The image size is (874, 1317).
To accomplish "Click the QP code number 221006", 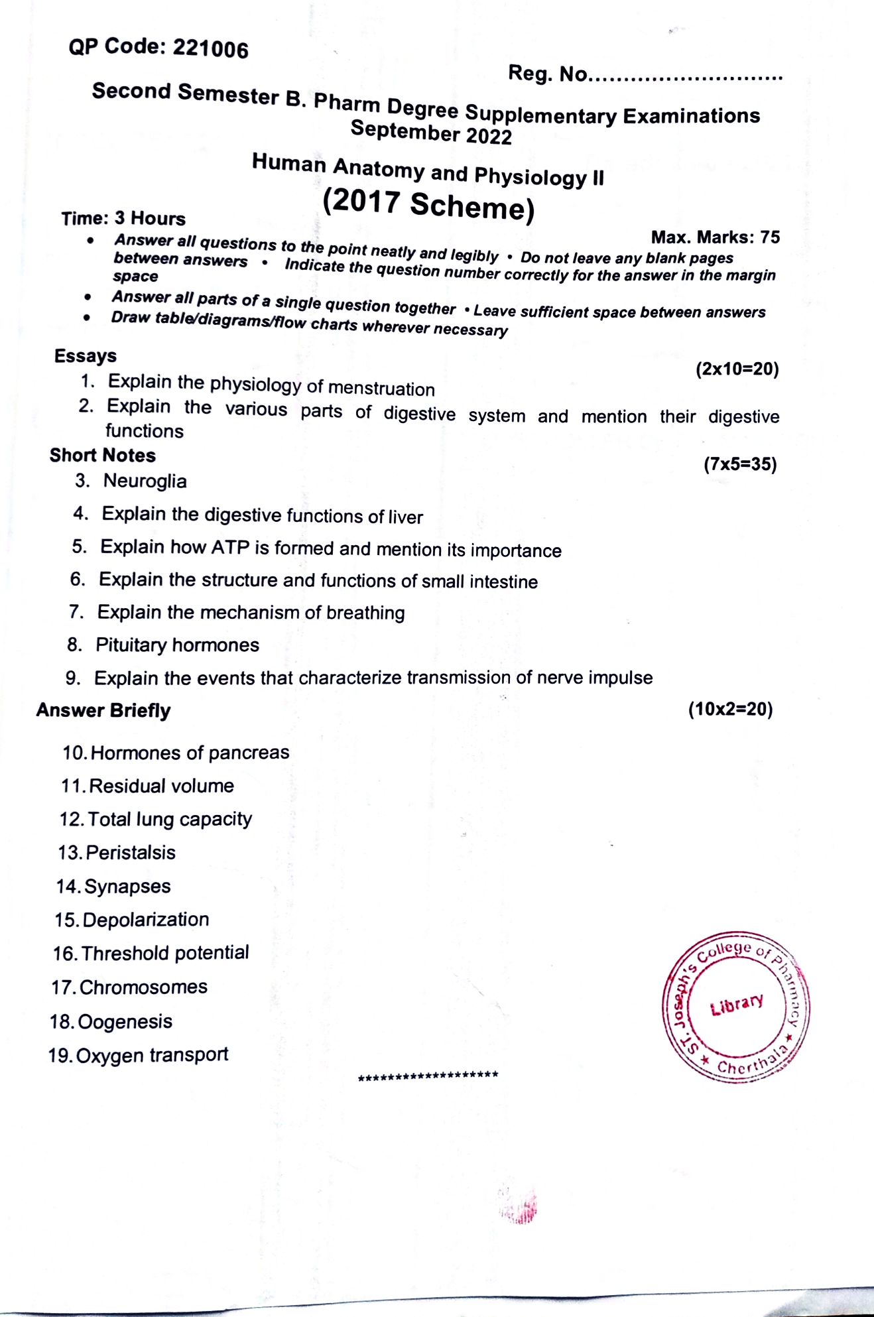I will (x=210, y=49).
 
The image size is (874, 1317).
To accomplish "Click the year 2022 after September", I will (x=489, y=136).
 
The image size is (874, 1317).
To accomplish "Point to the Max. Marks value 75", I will (x=770, y=237).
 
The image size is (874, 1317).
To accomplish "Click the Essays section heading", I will (x=86, y=356).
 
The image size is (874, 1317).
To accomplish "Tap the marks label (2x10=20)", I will (x=737, y=369).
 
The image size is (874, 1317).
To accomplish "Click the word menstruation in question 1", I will (x=381, y=388).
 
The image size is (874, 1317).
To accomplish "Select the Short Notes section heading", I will (x=103, y=456).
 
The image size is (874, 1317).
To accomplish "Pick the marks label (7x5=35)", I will (x=740, y=464).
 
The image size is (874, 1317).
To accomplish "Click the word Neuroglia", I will (x=145, y=481).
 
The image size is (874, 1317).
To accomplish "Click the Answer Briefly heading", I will (x=103, y=710).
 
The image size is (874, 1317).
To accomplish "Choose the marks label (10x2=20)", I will (x=730, y=709).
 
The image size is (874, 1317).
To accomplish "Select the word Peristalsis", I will (x=131, y=852).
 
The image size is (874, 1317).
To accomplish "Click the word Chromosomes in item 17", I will (x=143, y=987).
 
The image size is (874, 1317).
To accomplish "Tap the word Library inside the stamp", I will (x=737, y=1005).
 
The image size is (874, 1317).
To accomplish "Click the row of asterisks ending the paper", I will (x=428, y=1076).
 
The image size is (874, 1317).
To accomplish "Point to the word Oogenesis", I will (x=125, y=1021).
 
